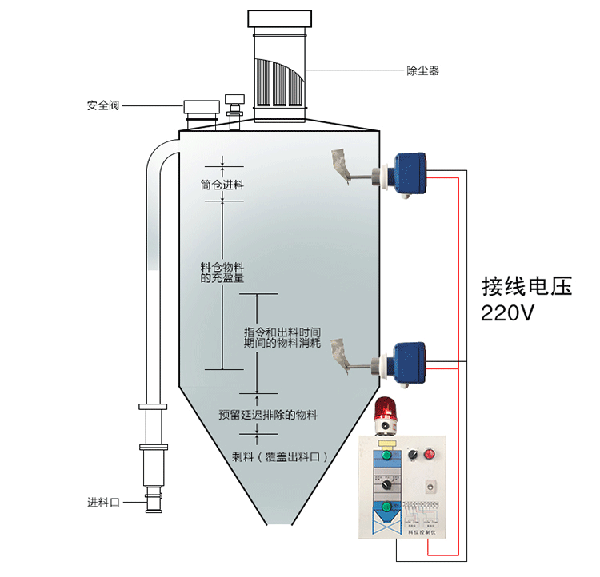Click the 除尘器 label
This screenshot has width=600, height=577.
(x=422, y=71)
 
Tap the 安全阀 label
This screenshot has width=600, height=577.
(x=103, y=105)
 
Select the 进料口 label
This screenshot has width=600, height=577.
(x=103, y=503)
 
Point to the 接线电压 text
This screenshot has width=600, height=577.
(x=527, y=286)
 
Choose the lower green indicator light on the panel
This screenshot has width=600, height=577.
(x=387, y=506)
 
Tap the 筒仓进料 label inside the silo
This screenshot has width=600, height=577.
(x=222, y=185)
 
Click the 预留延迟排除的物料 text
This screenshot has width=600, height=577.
(x=268, y=415)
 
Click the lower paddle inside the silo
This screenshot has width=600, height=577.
(x=340, y=352)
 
